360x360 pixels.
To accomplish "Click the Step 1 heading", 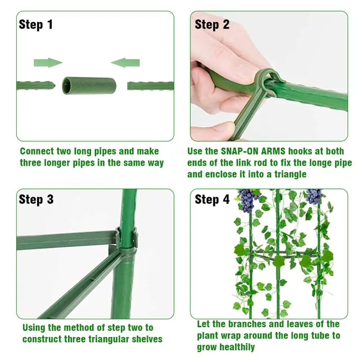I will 36,24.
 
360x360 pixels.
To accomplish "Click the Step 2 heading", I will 212,24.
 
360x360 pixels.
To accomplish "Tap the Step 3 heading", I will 36,199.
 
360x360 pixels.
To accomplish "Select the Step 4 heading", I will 212,199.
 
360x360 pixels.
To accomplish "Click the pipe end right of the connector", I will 132,86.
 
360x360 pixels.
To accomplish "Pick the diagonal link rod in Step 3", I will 79,284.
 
